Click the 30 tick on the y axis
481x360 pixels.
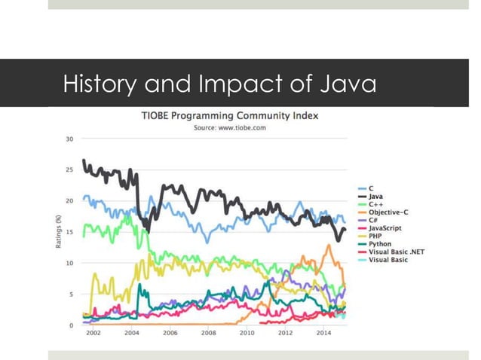pyautogui.click(x=69, y=139)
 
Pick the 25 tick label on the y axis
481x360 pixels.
pyautogui.click(x=69, y=169)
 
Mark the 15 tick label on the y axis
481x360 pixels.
pyautogui.click(x=69, y=232)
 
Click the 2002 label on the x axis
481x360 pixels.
pyautogui.click(x=93, y=332)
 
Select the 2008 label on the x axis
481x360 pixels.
pyautogui.click(x=209, y=332)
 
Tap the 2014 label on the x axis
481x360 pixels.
pyautogui.click(x=323, y=332)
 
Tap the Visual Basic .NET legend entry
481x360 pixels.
pyautogui.click(x=396, y=251)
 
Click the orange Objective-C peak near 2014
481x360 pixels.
pyautogui.click(x=328, y=246)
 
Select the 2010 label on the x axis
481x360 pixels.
pyautogui.click(x=247, y=332)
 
